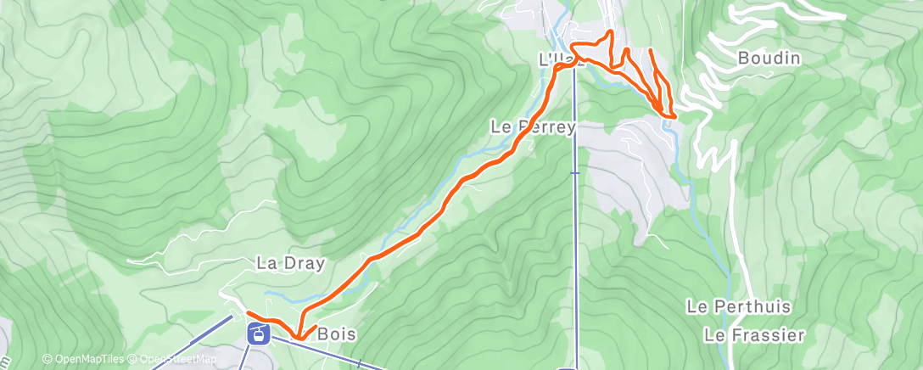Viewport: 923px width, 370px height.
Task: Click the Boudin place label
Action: coord(769,59)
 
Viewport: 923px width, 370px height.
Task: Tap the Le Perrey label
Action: coord(534,126)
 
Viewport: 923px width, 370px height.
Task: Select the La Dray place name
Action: coord(290,263)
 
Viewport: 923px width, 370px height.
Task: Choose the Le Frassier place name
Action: coord(754,335)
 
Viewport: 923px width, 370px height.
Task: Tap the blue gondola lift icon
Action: coord(255,333)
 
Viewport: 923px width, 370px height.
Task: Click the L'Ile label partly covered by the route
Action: coord(560,59)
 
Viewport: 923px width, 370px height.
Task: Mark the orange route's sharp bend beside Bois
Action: coord(298,339)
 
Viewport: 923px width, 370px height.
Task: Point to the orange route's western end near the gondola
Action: coord(247,316)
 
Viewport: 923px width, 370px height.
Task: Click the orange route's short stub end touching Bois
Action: coord(316,327)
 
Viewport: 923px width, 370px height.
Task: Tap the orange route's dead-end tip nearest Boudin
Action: coord(650,51)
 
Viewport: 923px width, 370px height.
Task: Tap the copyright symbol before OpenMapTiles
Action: coord(47,359)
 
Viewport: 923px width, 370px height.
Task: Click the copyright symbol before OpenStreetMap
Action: coord(134,359)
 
